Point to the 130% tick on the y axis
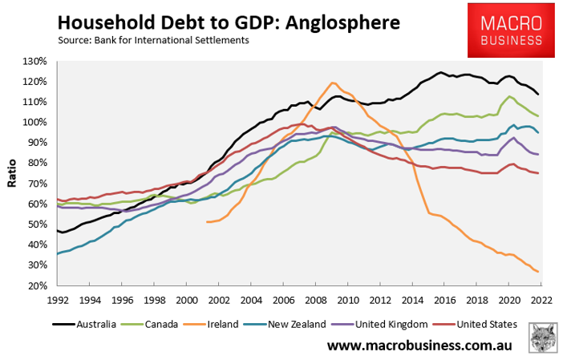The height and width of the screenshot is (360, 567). pos(35,62)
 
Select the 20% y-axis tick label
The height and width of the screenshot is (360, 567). pos(38,286)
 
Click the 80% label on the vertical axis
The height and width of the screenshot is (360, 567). pos(38,164)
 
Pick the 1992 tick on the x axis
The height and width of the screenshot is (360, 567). pos(58,300)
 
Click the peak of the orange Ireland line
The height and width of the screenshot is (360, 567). pos(332,83)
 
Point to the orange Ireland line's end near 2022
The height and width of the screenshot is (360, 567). pos(537,272)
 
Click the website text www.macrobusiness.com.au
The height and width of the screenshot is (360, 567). pos(419,346)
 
